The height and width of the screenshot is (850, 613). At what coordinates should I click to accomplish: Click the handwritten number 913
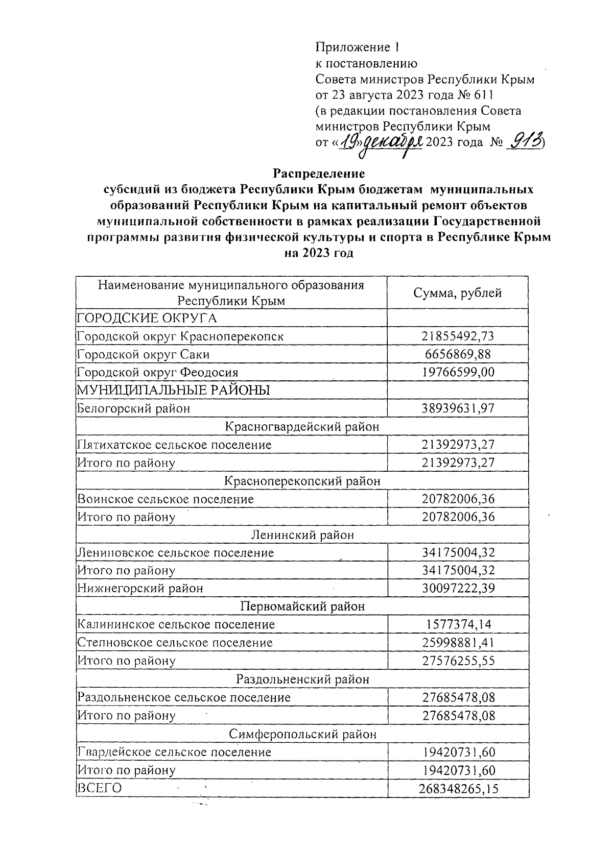coord(524,141)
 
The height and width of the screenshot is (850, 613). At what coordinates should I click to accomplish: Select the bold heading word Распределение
coord(319,173)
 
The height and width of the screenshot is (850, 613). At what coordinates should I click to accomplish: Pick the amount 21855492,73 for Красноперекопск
coord(458,336)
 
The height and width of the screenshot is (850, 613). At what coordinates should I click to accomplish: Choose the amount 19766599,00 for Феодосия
coord(458,372)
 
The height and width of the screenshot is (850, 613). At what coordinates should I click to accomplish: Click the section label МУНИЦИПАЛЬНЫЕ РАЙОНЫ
coord(173,390)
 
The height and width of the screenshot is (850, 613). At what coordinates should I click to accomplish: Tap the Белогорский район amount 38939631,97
coord(458,408)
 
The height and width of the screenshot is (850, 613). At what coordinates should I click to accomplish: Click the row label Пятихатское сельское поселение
coord(174,445)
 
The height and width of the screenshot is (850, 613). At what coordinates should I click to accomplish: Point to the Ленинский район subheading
coord(302,535)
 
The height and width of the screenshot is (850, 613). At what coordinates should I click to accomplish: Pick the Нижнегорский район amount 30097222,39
coord(458,588)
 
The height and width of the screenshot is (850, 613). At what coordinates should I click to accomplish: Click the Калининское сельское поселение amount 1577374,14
coord(458,624)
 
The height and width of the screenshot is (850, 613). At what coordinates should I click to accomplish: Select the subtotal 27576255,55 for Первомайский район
coord(458,661)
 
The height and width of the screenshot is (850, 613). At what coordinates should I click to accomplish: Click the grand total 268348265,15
coord(458,789)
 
